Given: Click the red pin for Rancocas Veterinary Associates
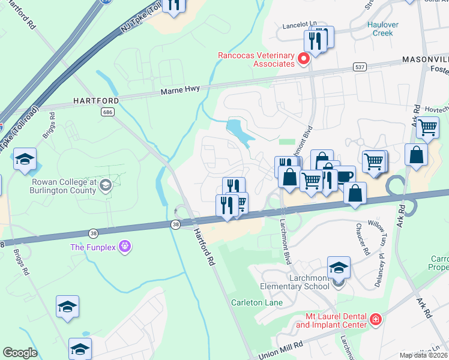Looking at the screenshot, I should coord(303,59).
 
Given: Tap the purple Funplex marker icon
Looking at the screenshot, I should coord(124,246).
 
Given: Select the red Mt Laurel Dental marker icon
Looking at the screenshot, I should coord(375,319).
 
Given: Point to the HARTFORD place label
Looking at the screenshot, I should coord(96,100).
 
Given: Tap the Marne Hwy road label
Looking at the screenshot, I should coord(180,91).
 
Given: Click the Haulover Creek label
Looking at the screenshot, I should coord(380,29).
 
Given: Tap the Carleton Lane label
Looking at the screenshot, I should coord(257,302).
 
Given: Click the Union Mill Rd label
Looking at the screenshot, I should coord(281,350).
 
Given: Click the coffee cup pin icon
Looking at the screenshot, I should coord(345,176).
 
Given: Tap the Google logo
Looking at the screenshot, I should coord(20,353).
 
